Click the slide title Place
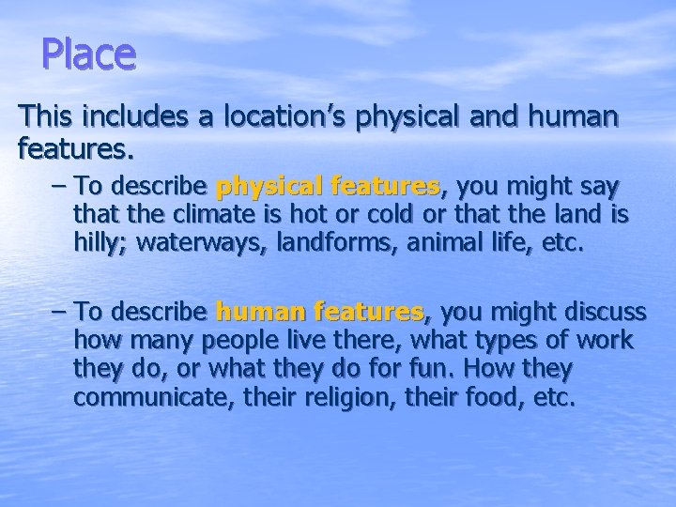[89, 54]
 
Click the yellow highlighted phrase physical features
[329, 186]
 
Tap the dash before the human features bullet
[56, 310]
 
